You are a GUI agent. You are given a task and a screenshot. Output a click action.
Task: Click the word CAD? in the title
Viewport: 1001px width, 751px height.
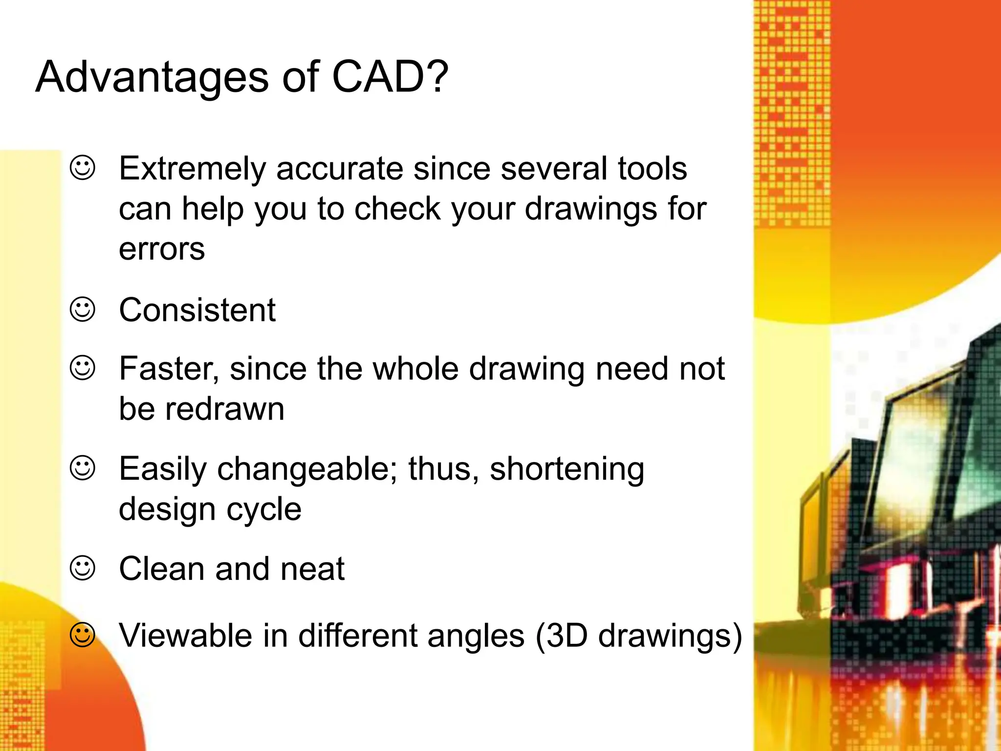tap(390, 77)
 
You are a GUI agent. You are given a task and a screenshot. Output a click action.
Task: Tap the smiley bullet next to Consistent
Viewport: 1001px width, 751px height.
tap(83, 309)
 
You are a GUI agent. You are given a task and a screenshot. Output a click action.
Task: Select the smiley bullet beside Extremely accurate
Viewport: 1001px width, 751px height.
tap(83, 168)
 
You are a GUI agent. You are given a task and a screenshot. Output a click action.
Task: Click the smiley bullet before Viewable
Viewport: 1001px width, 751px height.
tap(83, 635)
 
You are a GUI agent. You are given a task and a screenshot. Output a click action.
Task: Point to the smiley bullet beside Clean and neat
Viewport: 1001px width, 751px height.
tap(83, 568)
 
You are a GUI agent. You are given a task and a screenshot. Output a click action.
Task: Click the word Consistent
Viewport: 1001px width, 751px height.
tap(197, 310)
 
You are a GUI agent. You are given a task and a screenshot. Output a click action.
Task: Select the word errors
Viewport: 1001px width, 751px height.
tap(162, 249)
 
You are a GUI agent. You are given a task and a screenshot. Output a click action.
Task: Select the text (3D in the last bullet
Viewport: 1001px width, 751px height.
tap(562, 636)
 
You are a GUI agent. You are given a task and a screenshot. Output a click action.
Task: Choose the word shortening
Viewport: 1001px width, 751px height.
tap(567, 470)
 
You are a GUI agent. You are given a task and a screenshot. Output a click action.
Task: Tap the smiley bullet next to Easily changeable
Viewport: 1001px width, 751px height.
tap(83, 468)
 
